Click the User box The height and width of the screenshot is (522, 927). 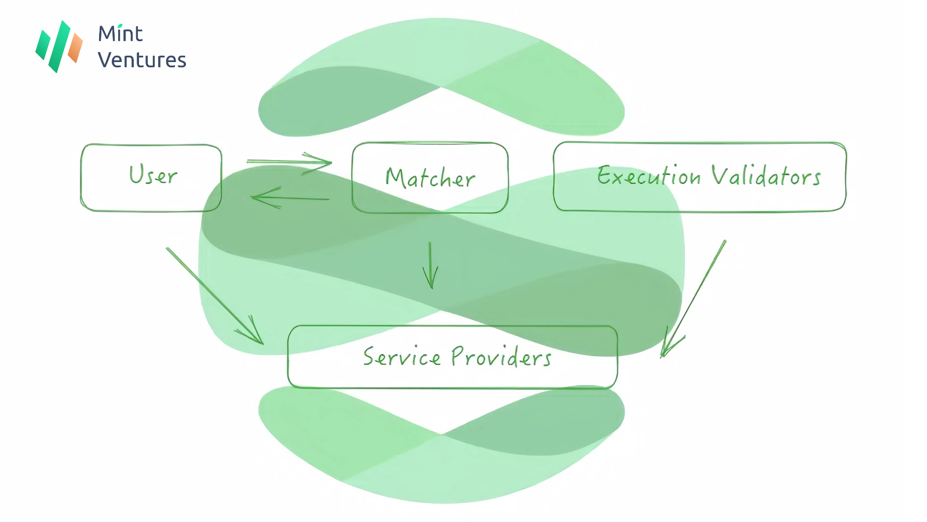151,177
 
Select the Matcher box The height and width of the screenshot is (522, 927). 430,177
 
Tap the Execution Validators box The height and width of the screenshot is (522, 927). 699,176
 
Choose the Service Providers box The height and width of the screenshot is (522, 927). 452,357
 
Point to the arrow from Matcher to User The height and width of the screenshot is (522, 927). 290,198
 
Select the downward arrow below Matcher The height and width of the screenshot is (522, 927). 430,265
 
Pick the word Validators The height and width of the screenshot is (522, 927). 766,176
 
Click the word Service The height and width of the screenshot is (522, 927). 402,357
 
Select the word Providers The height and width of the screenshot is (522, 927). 501,357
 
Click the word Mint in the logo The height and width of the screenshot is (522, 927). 120,34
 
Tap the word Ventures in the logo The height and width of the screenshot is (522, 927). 142,60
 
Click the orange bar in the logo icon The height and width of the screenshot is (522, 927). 75,48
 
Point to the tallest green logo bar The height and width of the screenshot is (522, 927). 60,46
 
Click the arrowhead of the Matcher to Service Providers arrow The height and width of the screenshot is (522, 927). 430,281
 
